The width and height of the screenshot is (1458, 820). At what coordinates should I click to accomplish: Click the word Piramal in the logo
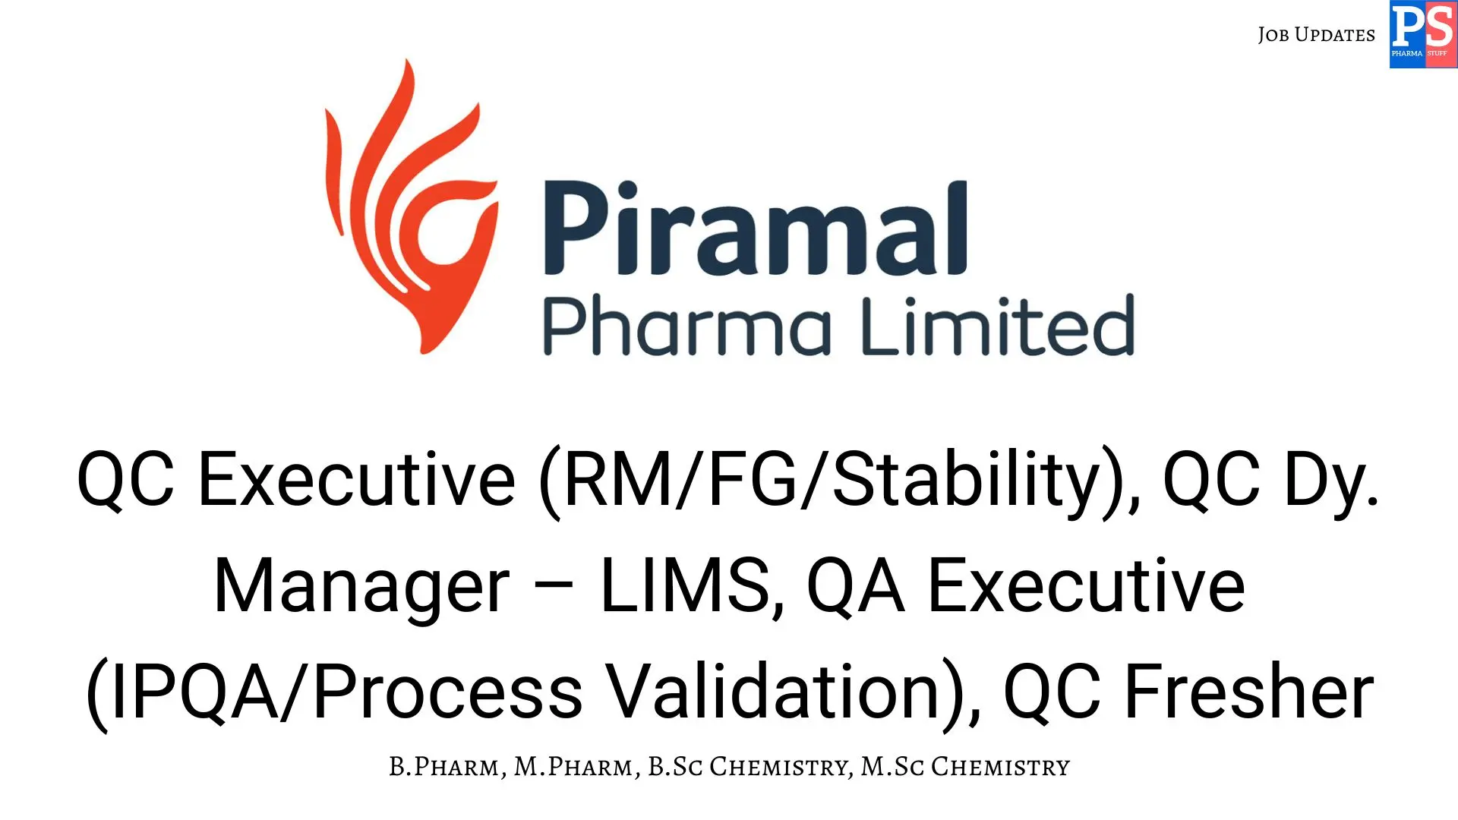click(x=755, y=228)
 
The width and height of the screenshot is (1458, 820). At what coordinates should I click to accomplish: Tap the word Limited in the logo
click(x=998, y=326)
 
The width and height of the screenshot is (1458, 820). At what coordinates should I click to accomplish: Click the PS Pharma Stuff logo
click(x=1423, y=34)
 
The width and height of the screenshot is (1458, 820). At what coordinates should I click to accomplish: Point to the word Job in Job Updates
click(x=1273, y=35)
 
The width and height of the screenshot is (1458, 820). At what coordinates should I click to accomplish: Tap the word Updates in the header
click(x=1334, y=35)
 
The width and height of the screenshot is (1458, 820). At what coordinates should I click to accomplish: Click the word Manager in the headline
click(x=361, y=586)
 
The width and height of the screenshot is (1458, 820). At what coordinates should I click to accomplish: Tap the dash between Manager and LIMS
click(x=555, y=588)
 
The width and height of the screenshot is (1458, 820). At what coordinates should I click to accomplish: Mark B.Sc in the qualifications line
click(x=675, y=767)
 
